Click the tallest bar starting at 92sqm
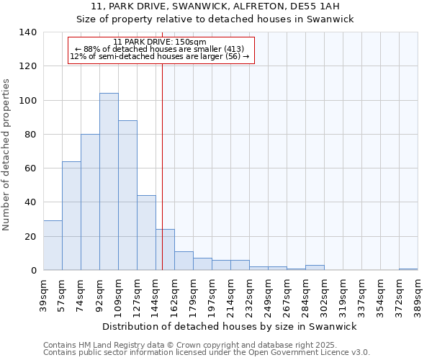(x=109, y=181)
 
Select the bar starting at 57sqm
(x=71, y=216)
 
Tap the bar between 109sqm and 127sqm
(x=127, y=195)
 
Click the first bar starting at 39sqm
(x=53, y=246)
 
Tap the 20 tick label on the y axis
(x=30, y=237)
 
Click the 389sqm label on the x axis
(x=418, y=296)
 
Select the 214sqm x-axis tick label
(x=230, y=296)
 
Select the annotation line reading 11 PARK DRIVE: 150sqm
(x=160, y=42)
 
